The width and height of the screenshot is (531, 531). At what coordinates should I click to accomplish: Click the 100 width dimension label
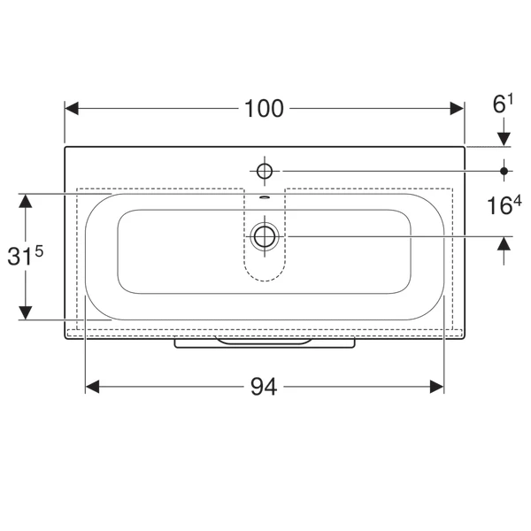264,109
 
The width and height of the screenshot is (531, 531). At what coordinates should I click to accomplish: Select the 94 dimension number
264,387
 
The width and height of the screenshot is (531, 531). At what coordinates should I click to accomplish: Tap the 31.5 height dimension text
26,256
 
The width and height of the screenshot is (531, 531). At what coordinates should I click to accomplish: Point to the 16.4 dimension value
504,205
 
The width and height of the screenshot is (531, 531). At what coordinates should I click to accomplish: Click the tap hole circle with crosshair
265,171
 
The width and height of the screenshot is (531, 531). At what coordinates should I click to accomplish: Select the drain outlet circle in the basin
265,236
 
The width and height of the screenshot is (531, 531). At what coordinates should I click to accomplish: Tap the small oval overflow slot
265,197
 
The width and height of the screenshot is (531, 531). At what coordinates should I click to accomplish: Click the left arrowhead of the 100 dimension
72,108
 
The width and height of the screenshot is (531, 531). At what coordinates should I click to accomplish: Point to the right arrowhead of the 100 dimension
457,108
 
